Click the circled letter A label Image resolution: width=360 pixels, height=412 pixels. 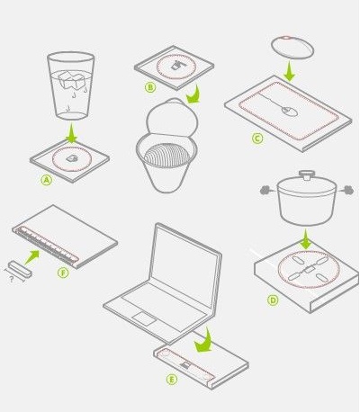coord(47,180)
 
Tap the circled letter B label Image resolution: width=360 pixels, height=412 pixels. coord(150,87)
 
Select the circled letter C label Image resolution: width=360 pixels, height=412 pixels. coord(257,139)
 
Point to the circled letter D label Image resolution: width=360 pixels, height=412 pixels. coord(273,300)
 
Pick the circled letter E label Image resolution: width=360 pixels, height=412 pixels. coord(172,380)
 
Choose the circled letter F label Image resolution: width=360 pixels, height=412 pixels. coord(63,273)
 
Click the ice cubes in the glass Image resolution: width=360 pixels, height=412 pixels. coord(71,79)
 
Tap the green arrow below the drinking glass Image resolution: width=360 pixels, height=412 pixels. coord(71,133)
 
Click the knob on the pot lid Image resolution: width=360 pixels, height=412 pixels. coord(306,175)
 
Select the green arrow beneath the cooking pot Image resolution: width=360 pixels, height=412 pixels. coord(305,239)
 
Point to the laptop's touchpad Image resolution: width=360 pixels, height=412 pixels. coord(144,319)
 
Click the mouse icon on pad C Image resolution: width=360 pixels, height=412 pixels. coord(290,112)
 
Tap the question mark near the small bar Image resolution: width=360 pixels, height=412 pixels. coord(12,280)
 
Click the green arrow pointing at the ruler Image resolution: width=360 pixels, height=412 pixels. coord(31,257)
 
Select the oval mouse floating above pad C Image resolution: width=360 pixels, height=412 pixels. coord(292,48)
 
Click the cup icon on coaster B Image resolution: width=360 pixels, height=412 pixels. coord(177,65)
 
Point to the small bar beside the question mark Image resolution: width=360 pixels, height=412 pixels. coord(20,269)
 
